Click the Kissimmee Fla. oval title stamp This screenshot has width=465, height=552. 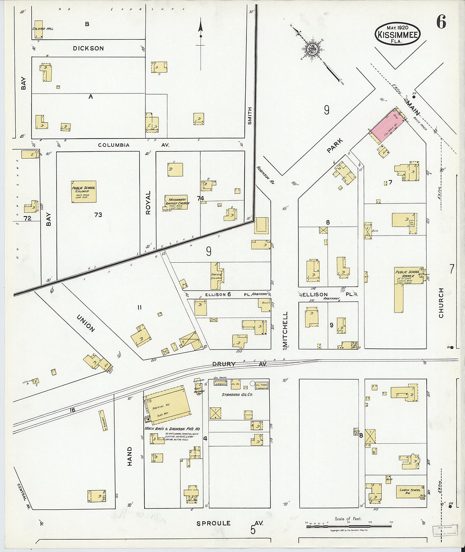pyautogui.click(x=397, y=33)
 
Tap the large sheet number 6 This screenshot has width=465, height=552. pyautogui.click(x=441, y=22)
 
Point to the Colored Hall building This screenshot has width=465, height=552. pyautogui.click(x=38, y=28)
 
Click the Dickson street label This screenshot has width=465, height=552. pyautogui.click(x=88, y=48)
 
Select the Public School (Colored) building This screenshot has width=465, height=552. pyautogui.click(x=84, y=192)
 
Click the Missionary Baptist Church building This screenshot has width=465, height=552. pyautogui.click(x=177, y=203)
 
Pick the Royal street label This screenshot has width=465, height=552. pyautogui.click(x=148, y=203)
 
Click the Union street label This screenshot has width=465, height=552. pyautogui.click(x=86, y=323)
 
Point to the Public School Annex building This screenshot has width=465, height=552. pyautogui.click(x=408, y=276)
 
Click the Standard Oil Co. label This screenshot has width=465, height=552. pyautogui.click(x=237, y=395)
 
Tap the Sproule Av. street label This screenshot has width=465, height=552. pyautogui.click(x=230, y=523)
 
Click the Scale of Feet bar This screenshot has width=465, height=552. pyautogui.click(x=349, y=525)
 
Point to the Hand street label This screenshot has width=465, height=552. pyautogui.click(x=130, y=456)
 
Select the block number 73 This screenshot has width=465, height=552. pyautogui.click(x=98, y=215)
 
